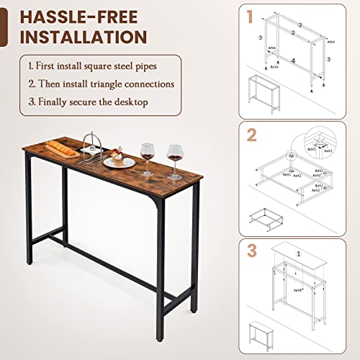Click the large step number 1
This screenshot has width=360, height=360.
tap(249, 16)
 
